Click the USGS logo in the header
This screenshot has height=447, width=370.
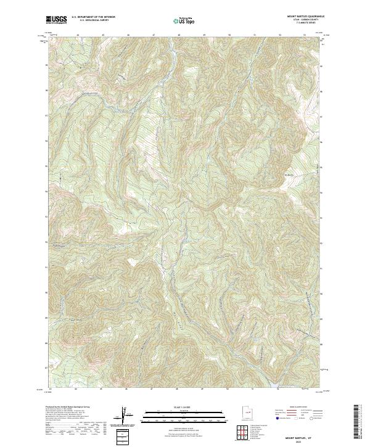[56, 20]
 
